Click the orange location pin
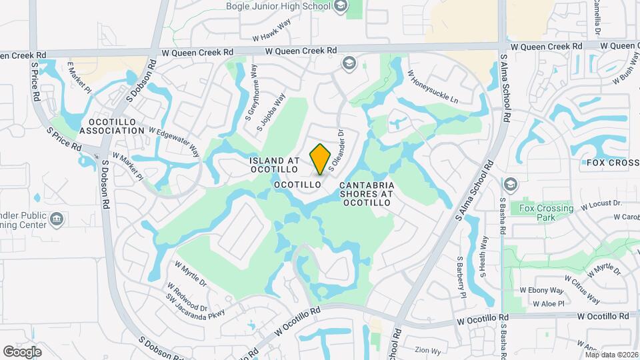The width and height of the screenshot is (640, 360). [320, 159]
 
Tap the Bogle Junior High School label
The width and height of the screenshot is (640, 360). [279, 7]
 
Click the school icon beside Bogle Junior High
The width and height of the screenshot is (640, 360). [340, 7]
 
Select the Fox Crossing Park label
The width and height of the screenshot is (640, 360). [546, 213]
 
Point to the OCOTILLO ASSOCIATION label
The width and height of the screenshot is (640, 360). [116, 127]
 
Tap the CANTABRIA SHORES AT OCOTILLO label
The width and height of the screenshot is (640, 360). [367, 193]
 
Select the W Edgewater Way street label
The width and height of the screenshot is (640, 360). [174, 141]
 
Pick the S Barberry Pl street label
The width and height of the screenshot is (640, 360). [461, 277]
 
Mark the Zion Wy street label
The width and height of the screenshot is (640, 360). [428, 350]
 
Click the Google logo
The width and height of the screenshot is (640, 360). [22, 351]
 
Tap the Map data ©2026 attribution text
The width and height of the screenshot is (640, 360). [611, 355]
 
